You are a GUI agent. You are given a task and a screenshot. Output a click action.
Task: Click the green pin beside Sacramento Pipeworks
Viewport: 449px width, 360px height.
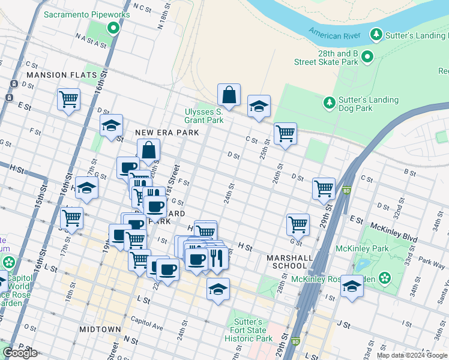click(113, 28)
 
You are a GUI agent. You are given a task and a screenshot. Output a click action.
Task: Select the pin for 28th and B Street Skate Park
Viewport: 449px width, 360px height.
click(367, 57)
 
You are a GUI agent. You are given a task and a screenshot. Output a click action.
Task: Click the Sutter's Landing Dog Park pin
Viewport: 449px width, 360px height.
click(329, 103)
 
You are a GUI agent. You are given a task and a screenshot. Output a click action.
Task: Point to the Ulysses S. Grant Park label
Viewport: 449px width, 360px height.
click(203, 116)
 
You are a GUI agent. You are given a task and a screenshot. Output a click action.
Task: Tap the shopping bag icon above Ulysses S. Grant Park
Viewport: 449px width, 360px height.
click(229, 94)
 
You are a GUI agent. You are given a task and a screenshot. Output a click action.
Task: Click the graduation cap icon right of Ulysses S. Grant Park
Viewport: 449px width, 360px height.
click(259, 106)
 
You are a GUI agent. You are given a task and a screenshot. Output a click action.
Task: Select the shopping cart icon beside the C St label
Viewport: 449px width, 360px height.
click(285, 133)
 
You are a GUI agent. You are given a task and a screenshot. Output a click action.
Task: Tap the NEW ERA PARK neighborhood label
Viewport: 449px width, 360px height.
click(158, 132)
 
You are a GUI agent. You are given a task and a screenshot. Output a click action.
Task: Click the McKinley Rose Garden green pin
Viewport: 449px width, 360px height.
click(384, 279)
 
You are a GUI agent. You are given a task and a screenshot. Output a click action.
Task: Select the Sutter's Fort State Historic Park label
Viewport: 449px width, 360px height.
click(249, 330)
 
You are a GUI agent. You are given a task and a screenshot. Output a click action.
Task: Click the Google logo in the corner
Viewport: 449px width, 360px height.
click(21, 353)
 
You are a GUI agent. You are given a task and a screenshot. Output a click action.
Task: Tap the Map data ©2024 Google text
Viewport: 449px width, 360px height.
click(411, 355)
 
